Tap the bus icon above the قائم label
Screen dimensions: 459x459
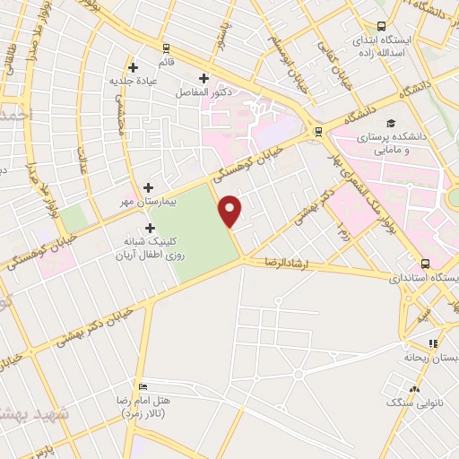tap(167, 48)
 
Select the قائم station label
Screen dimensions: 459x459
tap(167, 63)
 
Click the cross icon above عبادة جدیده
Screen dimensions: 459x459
tap(133, 66)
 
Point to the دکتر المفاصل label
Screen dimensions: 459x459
tap(212, 92)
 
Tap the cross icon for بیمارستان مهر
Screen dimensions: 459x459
tap(149, 189)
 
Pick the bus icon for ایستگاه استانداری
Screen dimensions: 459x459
tap(425, 264)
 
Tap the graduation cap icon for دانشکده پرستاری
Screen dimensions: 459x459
tap(390, 124)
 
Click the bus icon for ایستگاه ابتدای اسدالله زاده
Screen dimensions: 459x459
tap(382, 26)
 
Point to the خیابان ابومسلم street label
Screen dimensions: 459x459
tap(290, 56)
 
